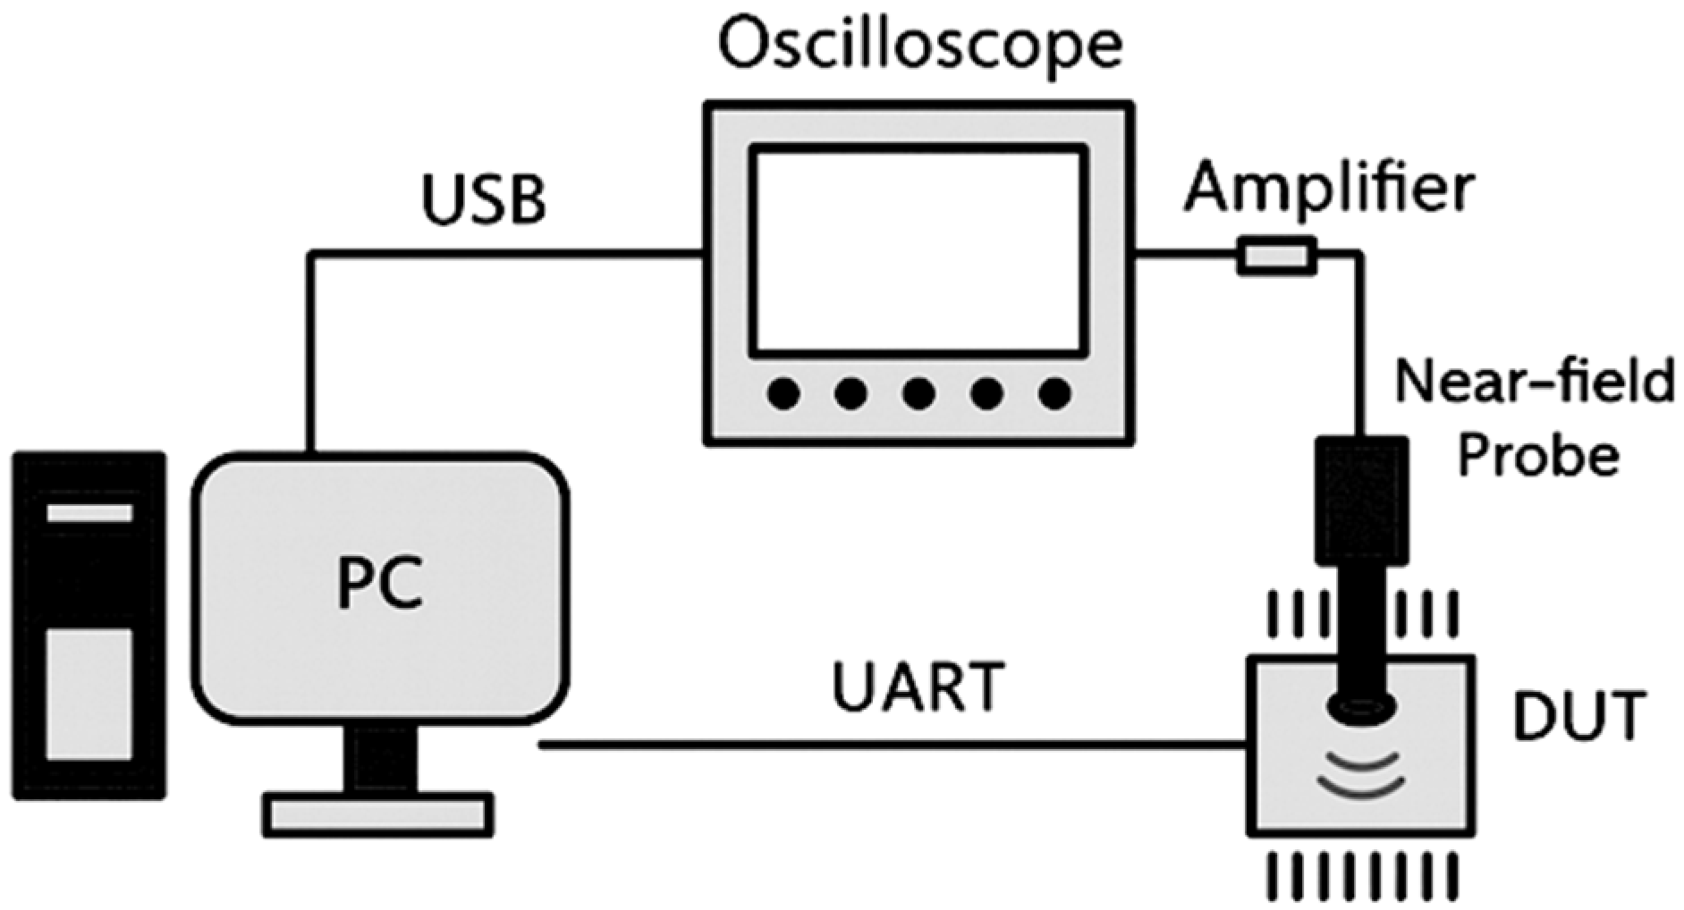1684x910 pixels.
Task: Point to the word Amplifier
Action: (1329, 190)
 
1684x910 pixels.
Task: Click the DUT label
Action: (1578, 716)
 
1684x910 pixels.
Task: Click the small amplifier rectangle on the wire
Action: (1276, 257)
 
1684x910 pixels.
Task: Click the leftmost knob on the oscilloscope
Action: (784, 393)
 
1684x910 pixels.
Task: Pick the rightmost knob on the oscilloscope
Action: (1055, 393)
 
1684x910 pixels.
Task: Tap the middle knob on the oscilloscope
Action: (918, 393)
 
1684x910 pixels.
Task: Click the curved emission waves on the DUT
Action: (1360, 773)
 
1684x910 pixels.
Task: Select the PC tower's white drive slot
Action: (89, 513)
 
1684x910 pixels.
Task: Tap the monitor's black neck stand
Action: (381, 760)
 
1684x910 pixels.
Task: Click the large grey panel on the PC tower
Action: (89, 694)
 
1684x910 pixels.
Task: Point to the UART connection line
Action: (894, 745)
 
